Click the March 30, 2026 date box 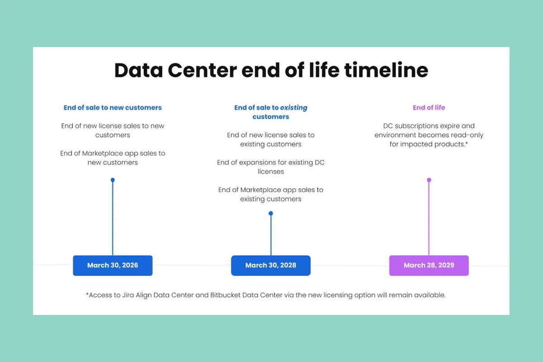(x=113, y=266)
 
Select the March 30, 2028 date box (x=271, y=266)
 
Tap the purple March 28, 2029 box (x=429, y=266)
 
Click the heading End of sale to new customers (x=113, y=108)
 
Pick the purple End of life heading (x=429, y=108)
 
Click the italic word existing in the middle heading (x=294, y=108)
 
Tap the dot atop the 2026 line (x=113, y=180)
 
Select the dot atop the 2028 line (x=271, y=213)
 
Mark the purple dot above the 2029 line (x=429, y=180)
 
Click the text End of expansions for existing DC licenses (x=271, y=167)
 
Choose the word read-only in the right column (x=466, y=135)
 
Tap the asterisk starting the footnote (x=87, y=294)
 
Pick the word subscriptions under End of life (x=412, y=126)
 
